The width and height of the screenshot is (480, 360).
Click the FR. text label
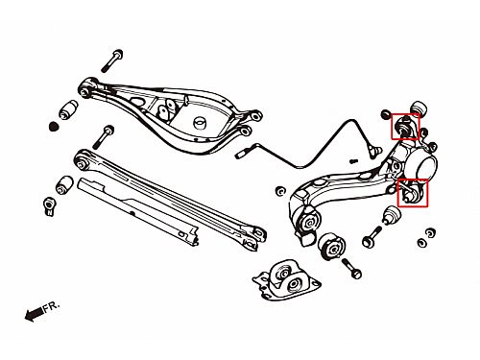[x=52, y=306]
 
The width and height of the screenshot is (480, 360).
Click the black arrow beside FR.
[x=34, y=314]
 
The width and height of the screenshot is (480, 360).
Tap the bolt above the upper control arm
[x=112, y=60]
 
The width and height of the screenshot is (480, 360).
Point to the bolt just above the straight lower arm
[x=104, y=137]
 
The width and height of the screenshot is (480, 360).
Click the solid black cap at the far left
[x=55, y=127]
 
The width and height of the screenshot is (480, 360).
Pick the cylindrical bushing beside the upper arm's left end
[x=68, y=109]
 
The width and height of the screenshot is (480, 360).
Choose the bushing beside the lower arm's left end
[x=65, y=184]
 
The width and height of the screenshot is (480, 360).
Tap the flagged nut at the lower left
[x=49, y=206]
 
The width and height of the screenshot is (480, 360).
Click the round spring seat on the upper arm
[x=201, y=123]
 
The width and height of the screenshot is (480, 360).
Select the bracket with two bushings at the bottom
[x=286, y=280]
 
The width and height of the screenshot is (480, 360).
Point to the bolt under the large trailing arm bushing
[x=351, y=268]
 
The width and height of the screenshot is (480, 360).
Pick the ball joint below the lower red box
[x=392, y=216]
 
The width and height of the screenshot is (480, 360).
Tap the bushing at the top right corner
[x=420, y=109]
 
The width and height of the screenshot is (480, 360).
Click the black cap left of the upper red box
[x=386, y=113]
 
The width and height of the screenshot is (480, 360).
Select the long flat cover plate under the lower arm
[x=138, y=211]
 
